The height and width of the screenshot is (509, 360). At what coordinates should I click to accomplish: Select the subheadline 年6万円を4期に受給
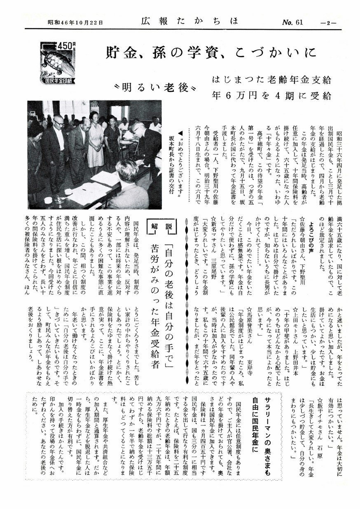[271, 96]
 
